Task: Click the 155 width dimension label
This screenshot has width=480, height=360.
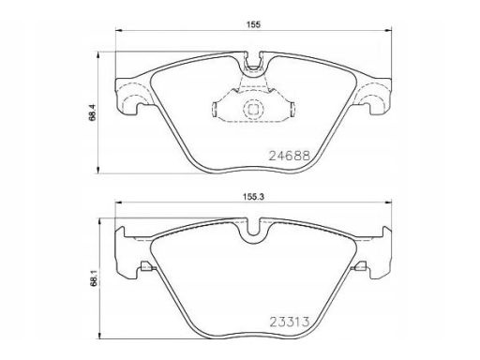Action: tap(253, 25)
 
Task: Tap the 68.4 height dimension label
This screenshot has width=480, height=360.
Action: tap(93, 112)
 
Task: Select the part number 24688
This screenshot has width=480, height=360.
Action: tap(290, 156)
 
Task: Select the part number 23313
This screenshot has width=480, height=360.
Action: tap(290, 322)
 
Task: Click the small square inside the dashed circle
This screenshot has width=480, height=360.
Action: tap(253, 110)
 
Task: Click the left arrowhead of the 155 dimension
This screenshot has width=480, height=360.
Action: tap(119, 30)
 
